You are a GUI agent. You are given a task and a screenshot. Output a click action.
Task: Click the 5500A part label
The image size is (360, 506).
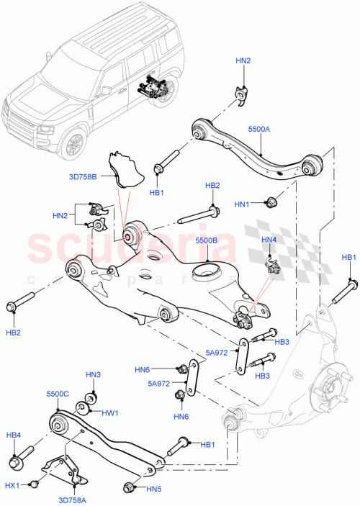[258, 129]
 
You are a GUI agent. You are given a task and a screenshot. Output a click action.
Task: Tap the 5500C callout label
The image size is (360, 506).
[58, 395]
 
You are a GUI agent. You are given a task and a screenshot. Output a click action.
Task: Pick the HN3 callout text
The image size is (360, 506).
[94, 375]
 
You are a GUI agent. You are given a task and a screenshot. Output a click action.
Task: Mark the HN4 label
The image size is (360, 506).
[269, 240]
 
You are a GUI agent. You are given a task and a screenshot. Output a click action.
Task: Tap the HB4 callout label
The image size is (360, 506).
[14, 435]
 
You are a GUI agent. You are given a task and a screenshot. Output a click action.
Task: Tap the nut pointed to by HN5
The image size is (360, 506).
[130, 489]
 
